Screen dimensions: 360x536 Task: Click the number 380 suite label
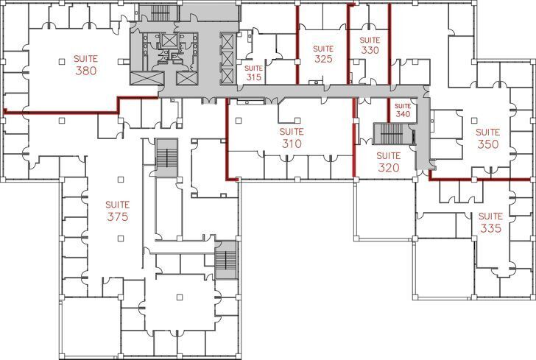(x=86, y=71)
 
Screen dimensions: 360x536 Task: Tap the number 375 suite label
(x=117, y=217)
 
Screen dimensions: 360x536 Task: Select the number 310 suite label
(x=292, y=144)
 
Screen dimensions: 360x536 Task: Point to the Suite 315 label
(x=254, y=77)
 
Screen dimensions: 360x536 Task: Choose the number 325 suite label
(x=323, y=58)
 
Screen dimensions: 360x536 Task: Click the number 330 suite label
(x=370, y=51)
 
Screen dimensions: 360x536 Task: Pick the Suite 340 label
(x=402, y=114)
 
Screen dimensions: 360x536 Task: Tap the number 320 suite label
(x=388, y=168)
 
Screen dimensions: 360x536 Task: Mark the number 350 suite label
(x=488, y=144)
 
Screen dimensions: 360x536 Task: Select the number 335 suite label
(x=490, y=228)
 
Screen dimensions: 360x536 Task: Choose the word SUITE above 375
(x=117, y=205)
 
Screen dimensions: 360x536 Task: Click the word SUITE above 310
(x=292, y=132)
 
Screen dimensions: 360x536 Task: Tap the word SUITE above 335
(x=490, y=216)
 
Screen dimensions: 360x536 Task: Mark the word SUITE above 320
(x=388, y=156)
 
